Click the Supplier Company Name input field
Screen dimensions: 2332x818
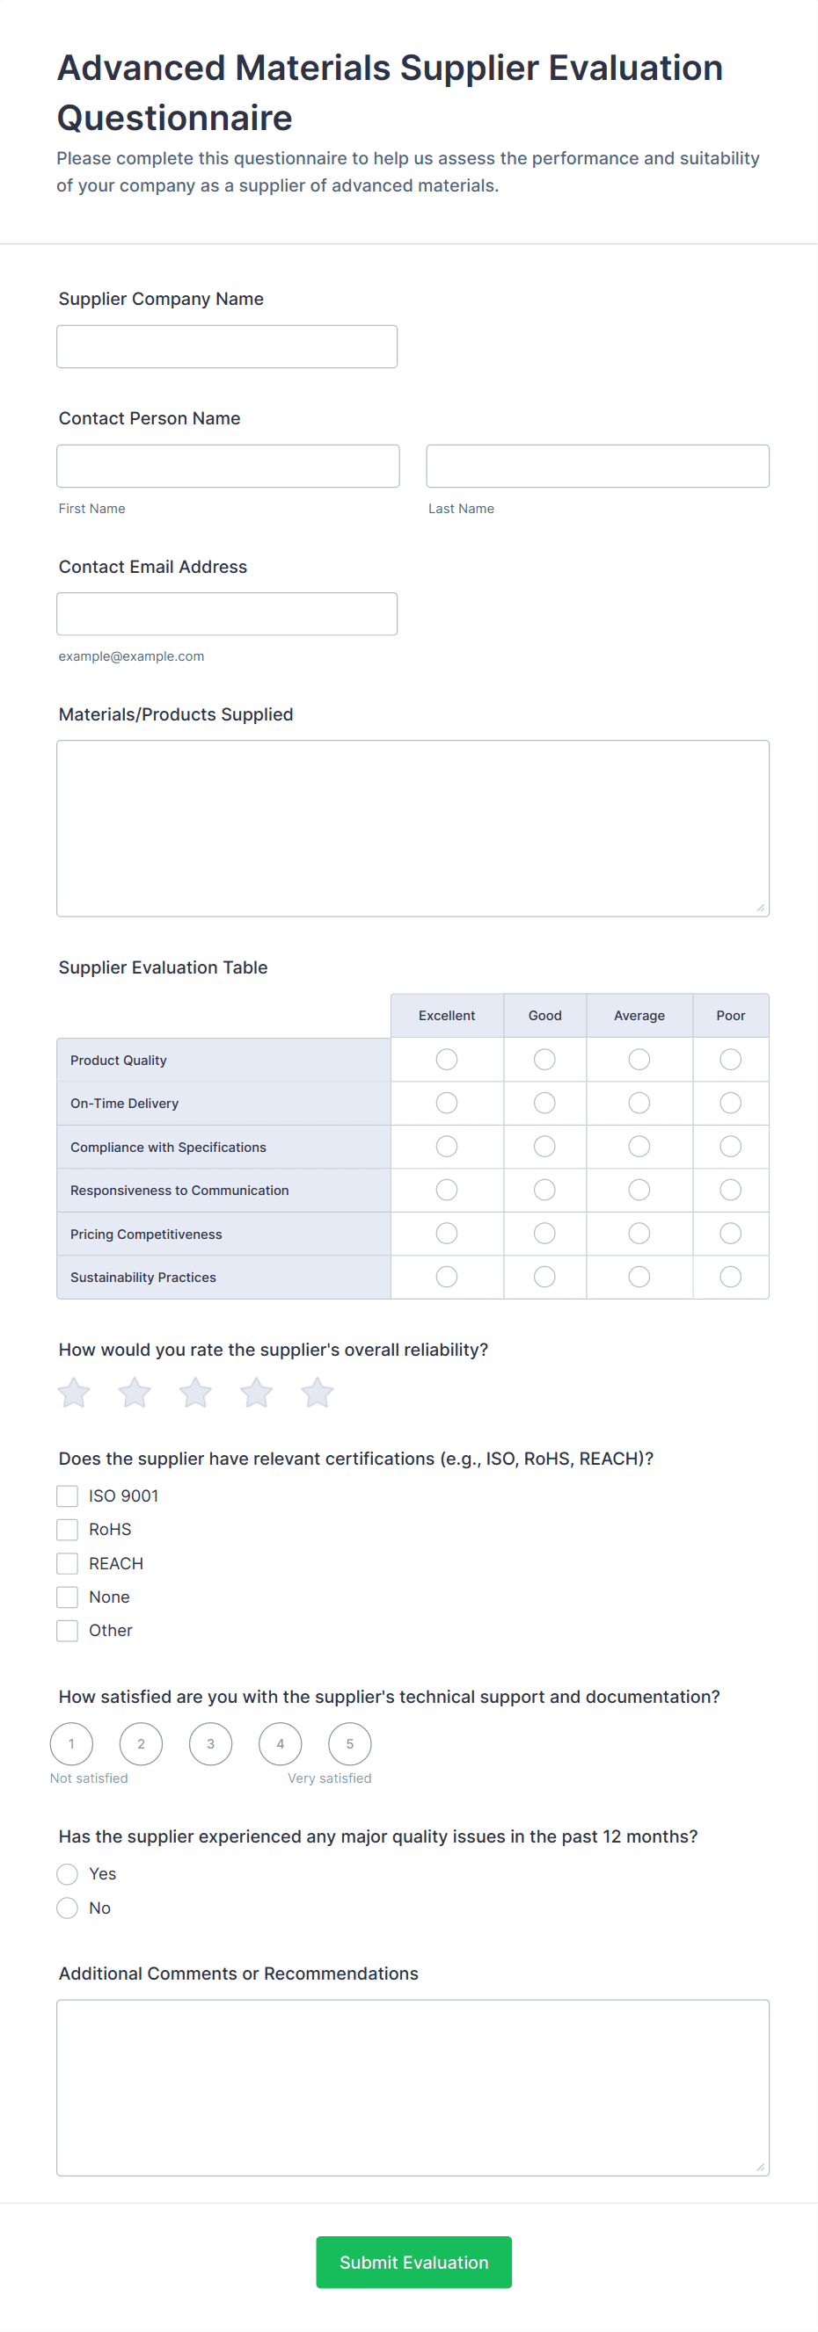tap(226, 347)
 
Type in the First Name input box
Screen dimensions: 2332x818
tap(228, 467)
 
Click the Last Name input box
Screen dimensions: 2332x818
tap(597, 467)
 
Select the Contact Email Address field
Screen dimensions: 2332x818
tap(226, 614)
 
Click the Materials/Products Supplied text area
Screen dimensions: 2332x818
tap(413, 829)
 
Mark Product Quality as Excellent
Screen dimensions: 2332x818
tap(447, 1059)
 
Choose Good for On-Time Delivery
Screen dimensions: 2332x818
tap(544, 1103)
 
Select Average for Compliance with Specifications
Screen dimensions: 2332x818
tap(639, 1147)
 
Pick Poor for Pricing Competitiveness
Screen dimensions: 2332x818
tap(730, 1233)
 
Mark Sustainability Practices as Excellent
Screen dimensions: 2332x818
tap(447, 1277)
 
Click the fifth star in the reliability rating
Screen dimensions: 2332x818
tap(317, 1394)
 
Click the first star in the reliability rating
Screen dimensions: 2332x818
tap(74, 1394)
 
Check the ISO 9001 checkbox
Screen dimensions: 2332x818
tap(68, 1496)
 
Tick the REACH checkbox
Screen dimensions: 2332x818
tap(68, 1563)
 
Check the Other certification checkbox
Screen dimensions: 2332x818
tap(68, 1631)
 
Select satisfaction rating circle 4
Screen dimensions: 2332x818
tap(280, 1743)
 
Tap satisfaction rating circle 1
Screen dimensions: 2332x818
tap(71, 1743)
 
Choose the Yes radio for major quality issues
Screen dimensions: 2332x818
tap(68, 1874)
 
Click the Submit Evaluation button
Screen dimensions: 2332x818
tap(413, 2262)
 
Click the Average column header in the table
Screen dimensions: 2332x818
tap(639, 1016)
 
